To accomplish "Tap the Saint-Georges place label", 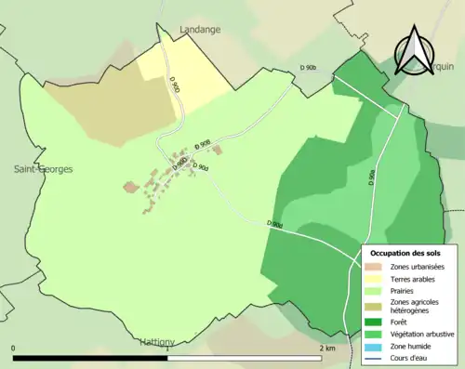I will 42,169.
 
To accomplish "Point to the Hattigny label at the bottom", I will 156,341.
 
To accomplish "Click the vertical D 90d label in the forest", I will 371,177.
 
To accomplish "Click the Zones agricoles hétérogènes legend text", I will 415,306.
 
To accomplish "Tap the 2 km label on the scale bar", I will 326,349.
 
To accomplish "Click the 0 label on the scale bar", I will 14,349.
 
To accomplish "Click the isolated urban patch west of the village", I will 130,187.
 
